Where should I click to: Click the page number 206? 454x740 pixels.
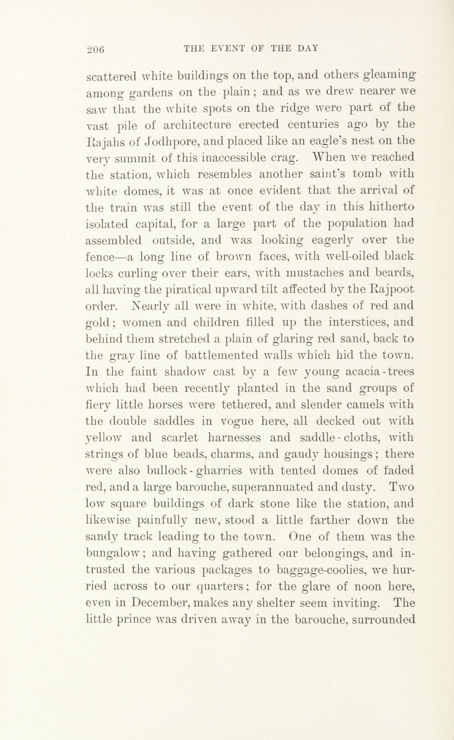95,49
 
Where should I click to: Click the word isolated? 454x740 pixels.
103,224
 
